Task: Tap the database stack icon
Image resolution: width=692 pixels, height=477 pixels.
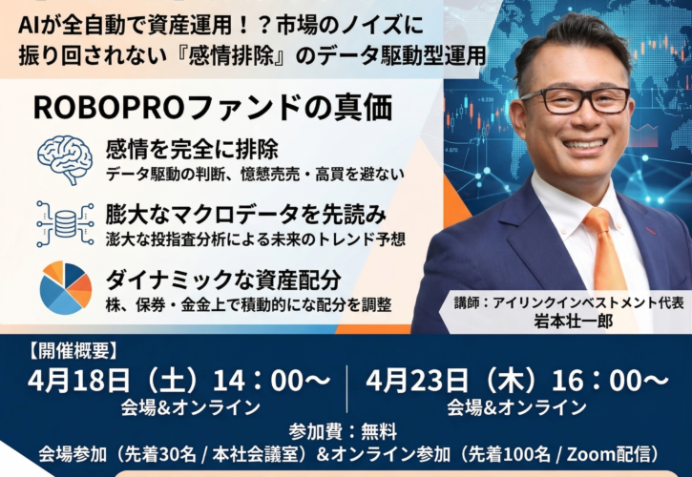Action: [x=65, y=222]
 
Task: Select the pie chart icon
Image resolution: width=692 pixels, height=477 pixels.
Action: [x=65, y=287]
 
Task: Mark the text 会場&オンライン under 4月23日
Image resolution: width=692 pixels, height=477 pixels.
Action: [x=517, y=407]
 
